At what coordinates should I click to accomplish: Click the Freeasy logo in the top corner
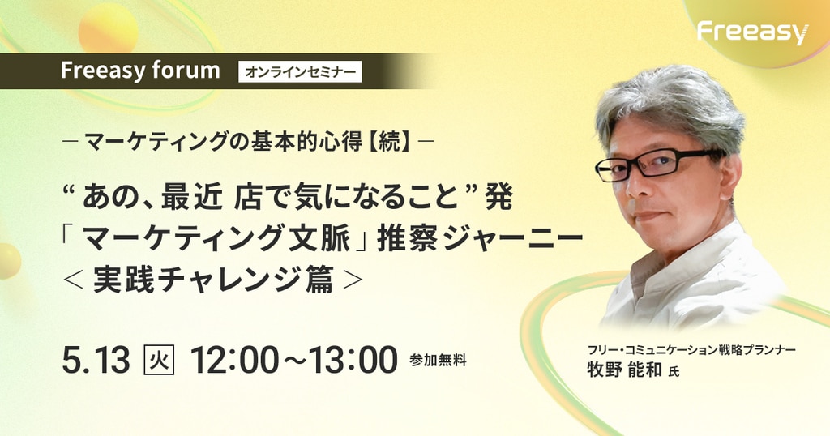pyautogui.click(x=752, y=32)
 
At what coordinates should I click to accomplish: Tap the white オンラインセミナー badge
pyautogui.click(x=300, y=72)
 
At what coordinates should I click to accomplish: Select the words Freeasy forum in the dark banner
pyautogui.click(x=140, y=71)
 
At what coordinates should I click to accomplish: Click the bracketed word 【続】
pyautogui.click(x=390, y=142)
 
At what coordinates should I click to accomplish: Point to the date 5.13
pyautogui.click(x=96, y=361)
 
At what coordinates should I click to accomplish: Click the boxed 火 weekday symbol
pyautogui.click(x=159, y=361)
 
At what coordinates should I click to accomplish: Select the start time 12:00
pyautogui.click(x=233, y=361)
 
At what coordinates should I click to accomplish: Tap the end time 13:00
pyautogui.click(x=354, y=361)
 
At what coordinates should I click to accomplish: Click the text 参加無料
pyautogui.click(x=438, y=361)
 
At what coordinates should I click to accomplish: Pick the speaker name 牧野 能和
pyautogui.click(x=625, y=370)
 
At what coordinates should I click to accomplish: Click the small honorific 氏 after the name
pyautogui.click(x=674, y=372)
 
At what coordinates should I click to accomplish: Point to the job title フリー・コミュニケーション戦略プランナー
pyautogui.click(x=691, y=350)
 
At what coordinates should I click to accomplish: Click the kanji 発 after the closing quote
pyautogui.click(x=498, y=199)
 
